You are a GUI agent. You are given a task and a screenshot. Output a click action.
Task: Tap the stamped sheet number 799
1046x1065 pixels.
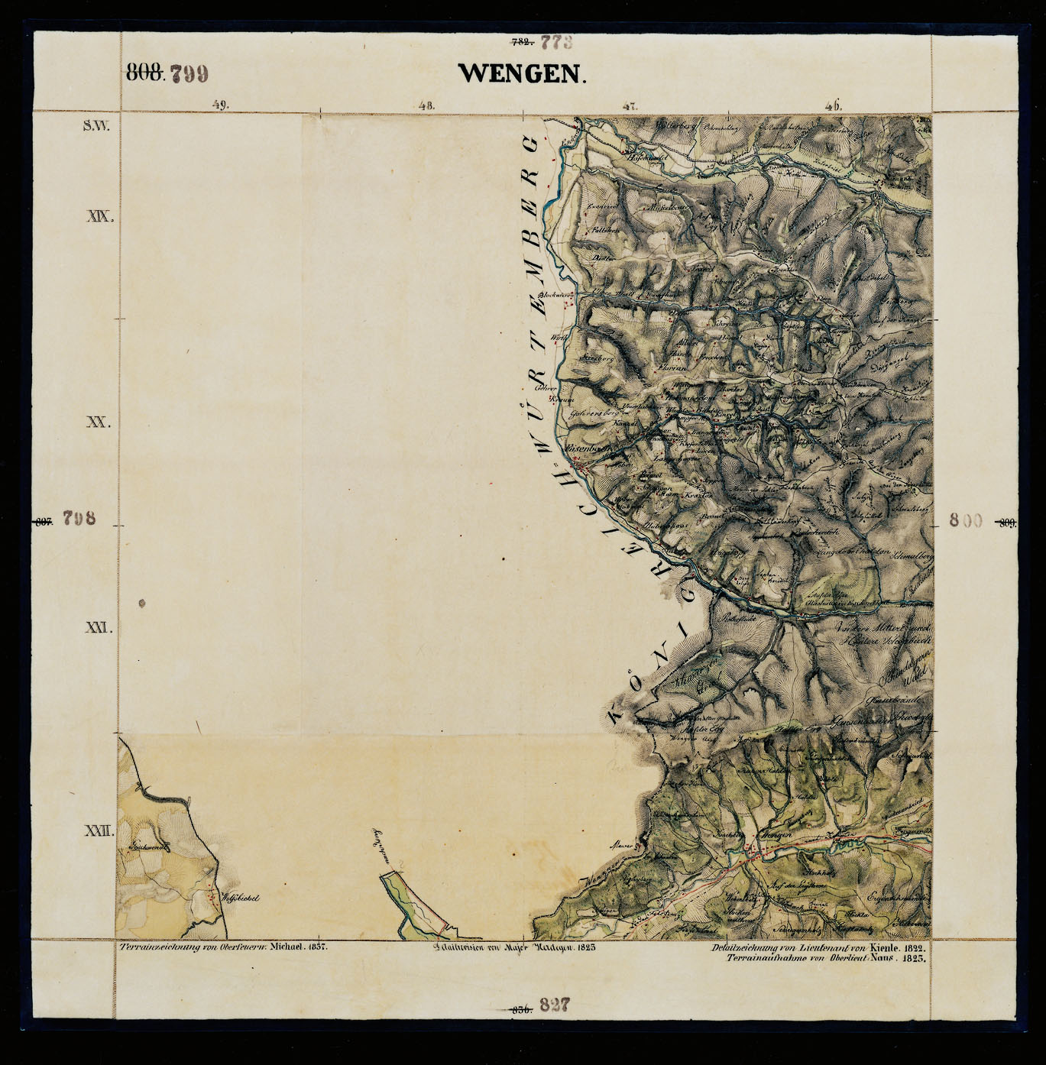[188, 73]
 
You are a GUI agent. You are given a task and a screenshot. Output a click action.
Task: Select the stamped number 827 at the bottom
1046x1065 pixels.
[555, 1005]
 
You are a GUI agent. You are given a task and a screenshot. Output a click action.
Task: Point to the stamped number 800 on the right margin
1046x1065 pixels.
[965, 520]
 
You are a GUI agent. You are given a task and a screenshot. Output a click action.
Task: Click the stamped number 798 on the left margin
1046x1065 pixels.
[79, 518]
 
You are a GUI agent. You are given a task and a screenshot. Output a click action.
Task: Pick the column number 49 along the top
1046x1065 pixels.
[220, 105]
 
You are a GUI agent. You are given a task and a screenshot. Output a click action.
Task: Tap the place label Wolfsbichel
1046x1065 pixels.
[240, 898]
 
